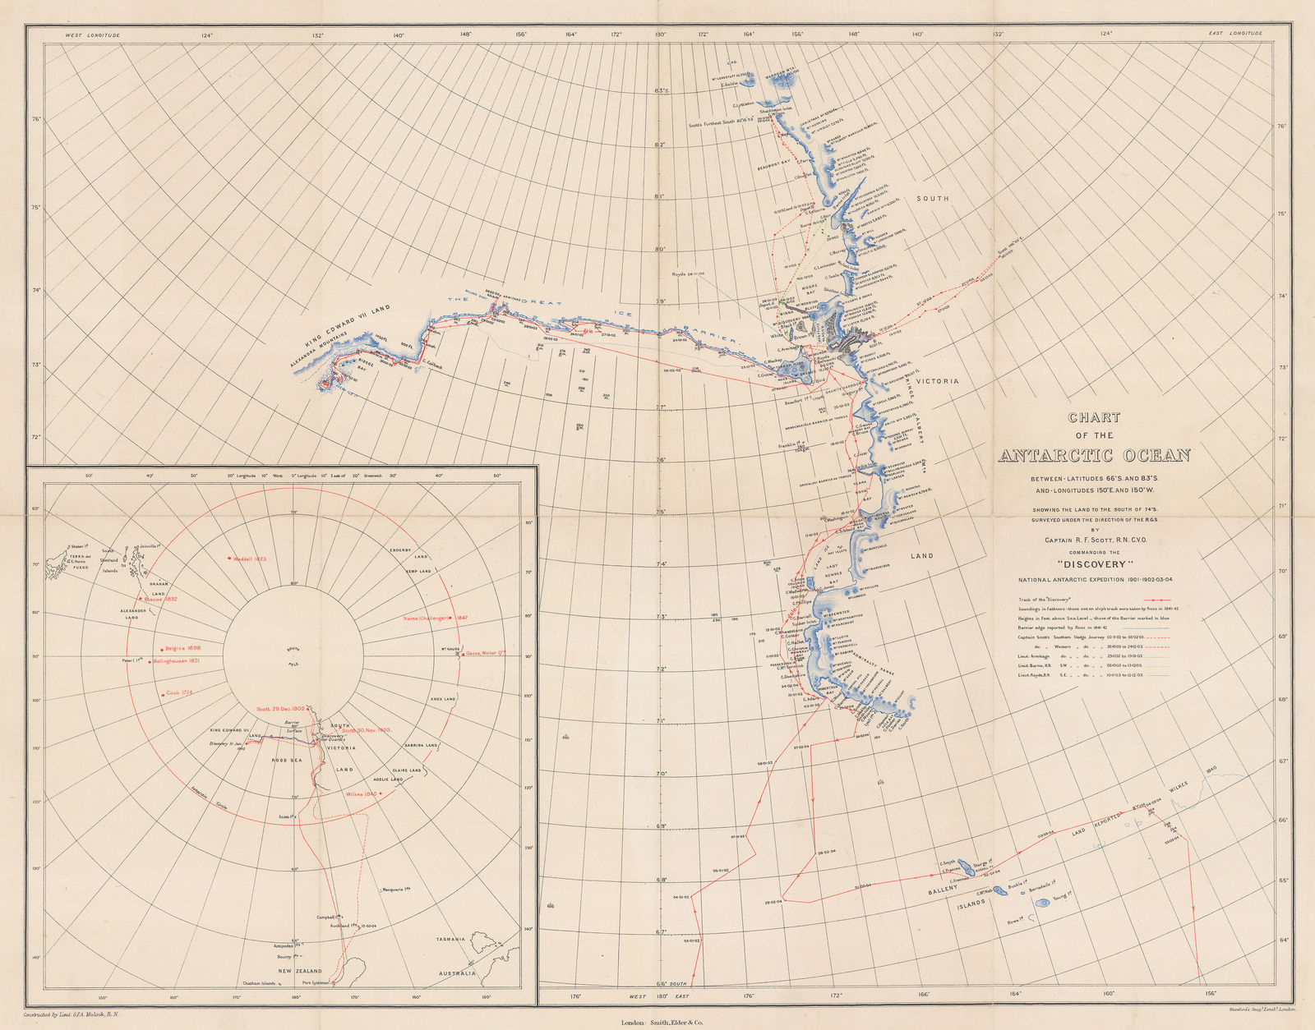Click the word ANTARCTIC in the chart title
pyautogui.click(x=1060, y=456)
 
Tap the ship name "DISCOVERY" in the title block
pyautogui.click(x=1094, y=564)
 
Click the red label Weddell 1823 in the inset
pyautogui.click(x=247, y=558)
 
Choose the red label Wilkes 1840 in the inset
pyautogui.click(x=362, y=794)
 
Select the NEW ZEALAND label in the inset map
pyautogui.click(x=302, y=970)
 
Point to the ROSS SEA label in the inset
pyautogui.click(x=288, y=761)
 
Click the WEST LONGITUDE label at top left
pyautogui.click(x=93, y=35)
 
